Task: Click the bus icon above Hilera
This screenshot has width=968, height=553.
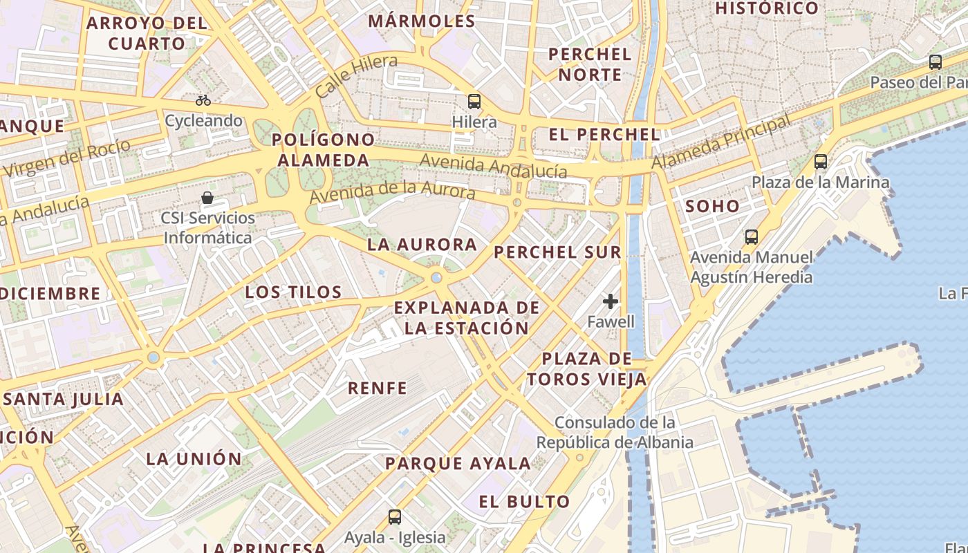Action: [x=474, y=102]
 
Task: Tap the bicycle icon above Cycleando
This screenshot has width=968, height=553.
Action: [x=203, y=100]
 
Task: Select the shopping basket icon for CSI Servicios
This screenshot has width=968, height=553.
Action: [x=207, y=198]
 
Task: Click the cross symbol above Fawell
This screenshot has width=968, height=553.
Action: [x=611, y=301]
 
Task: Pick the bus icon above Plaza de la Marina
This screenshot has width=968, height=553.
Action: [x=821, y=162]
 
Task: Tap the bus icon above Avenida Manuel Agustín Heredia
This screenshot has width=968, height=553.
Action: [x=752, y=237]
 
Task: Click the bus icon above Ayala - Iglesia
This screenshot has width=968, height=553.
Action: [x=395, y=516]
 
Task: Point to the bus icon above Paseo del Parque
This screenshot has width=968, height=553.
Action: [x=936, y=62]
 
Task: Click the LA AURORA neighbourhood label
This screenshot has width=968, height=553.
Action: [x=422, y=245]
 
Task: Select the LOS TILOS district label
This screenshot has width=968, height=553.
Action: [x=294, y=292]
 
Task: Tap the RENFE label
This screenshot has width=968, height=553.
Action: [x=378, y=388]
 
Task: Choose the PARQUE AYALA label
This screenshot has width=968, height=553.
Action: [x=458, y=464]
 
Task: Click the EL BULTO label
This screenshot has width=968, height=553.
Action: [x=524, y=502]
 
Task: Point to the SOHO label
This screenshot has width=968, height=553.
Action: [x=712, y=206]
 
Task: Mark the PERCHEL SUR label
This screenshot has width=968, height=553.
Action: [x=557, y=252]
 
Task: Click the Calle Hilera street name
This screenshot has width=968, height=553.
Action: [x=357, y=76]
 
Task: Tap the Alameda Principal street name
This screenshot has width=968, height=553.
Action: [x=720, y=142]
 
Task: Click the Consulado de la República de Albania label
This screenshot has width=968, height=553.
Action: [x=615, y=432]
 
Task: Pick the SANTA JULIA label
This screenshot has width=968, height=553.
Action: [x=64, y=399]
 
